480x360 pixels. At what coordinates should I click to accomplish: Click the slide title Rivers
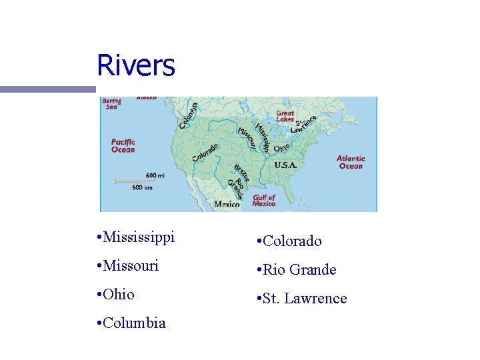pos(136,65)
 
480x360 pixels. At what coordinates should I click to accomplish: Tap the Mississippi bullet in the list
pos(135,237)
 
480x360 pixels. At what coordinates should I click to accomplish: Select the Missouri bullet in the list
pos(127,265)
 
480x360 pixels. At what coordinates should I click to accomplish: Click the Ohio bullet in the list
pos(115,294)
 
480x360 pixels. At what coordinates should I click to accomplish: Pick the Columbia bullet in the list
pos(131,323)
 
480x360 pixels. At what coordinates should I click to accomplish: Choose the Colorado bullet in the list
pos(288,241)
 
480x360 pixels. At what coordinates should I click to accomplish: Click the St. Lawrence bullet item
pos(301,299)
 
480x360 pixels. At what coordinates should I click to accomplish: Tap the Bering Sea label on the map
pos(112,103)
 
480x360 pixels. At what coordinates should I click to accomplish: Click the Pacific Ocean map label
pos(123,145)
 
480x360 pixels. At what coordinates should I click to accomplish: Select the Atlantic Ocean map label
pos(351,162)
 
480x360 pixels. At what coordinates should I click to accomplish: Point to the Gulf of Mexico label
pos(264,200)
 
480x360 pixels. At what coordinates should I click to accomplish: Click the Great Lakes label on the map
pos(285,116)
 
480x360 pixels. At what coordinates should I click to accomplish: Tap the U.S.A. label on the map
pos(285,164)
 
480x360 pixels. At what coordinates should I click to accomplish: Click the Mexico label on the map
pos(227,205)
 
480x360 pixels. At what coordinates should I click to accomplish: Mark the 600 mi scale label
pos(153,175)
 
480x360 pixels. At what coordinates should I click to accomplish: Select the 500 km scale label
pos(142,187)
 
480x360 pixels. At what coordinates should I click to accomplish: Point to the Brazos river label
pos(241,173)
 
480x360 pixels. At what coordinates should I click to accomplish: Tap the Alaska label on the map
pos(147,98)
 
